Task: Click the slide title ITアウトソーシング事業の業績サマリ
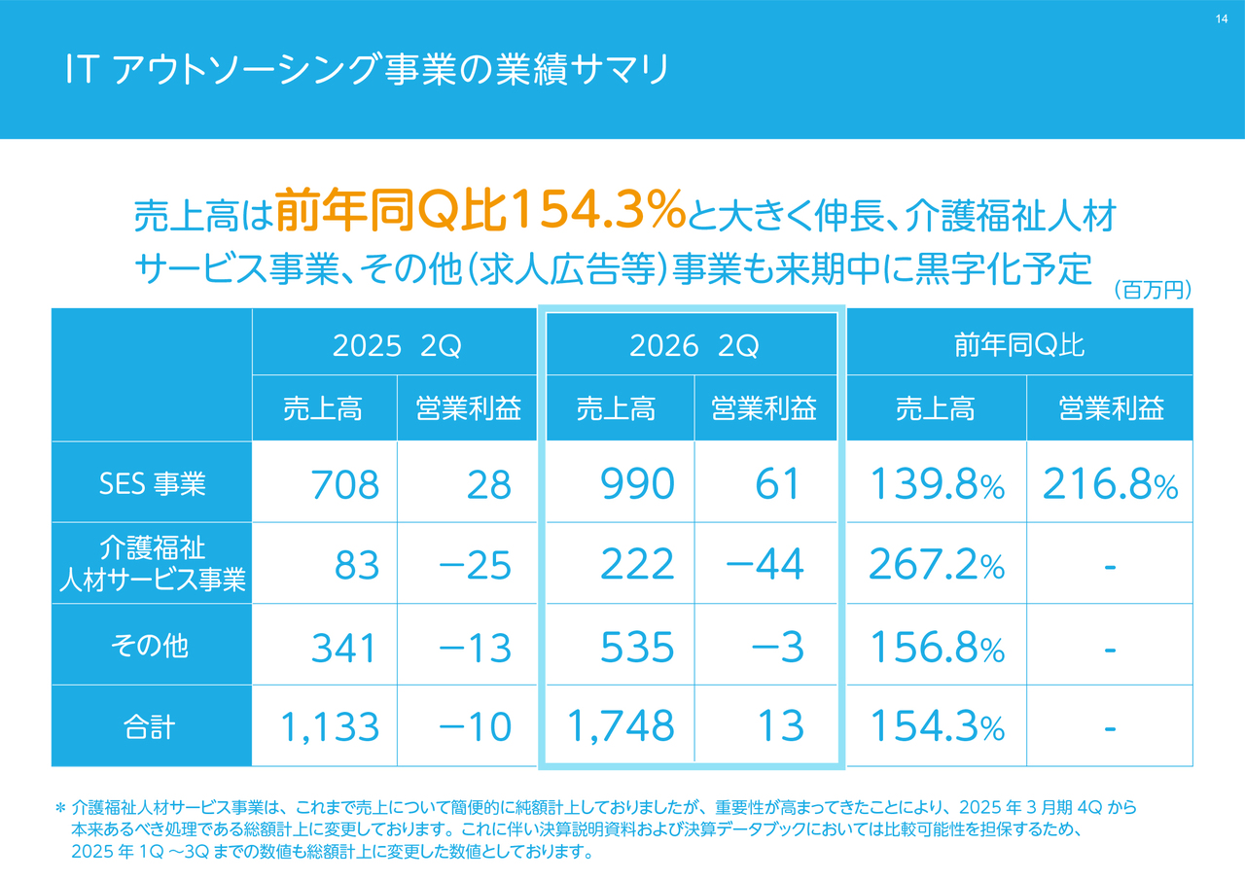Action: click(x=367, y=71)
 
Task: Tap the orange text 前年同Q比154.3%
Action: click(x=480, y=213)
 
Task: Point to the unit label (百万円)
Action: click(x=1152, y=290)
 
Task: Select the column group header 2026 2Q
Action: click(x=693, y=346)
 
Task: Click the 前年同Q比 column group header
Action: click(x=1019, y=346)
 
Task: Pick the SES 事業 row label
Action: click(x=152, y=483)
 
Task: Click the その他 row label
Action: click(x=152, y=646)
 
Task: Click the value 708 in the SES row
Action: click(x=344, y=484)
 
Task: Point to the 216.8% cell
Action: click(x=1110, y=484)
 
